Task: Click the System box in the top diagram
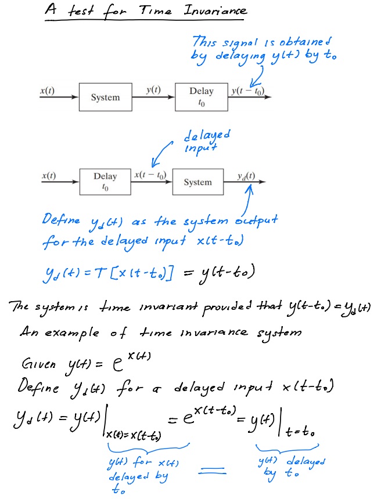click(105, 97)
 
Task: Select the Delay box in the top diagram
click(202, 96)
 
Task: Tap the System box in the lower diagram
click(198, 182)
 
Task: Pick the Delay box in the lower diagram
click(105, 181)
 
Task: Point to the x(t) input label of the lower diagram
click(49, 175)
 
